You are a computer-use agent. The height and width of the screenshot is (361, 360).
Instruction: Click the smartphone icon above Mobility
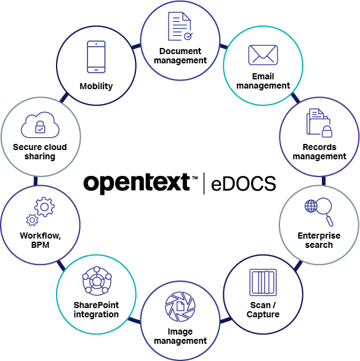click(x=96, y=57)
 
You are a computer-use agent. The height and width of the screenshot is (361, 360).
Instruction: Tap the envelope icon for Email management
click(x=263, y=55)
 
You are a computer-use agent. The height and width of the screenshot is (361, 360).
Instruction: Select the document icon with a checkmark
click(x=180, y=26)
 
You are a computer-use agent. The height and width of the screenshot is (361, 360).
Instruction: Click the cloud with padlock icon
click(x=40, y=125)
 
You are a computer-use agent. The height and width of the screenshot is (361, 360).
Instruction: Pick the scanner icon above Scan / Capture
click(x=263, y=282)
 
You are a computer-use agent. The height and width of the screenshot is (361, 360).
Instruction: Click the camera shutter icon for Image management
click(x=180, y=306)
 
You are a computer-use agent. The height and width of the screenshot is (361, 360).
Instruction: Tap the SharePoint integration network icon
click(x=97, y=281)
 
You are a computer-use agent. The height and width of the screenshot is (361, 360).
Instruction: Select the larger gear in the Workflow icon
click(x=44, y=207)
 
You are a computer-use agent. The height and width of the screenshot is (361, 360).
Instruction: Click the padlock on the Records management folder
click(x=327, y=132)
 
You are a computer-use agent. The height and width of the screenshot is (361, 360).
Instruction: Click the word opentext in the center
click(x=137, y=183)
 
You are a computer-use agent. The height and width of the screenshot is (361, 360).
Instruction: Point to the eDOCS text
click(x=244, y=183)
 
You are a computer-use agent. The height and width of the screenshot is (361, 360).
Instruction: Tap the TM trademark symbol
click(x=195, y=178)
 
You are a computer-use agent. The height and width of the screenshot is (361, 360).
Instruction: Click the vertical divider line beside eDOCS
click(x=204, y=183)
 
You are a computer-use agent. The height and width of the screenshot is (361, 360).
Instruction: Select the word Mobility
click(x=96, y=86)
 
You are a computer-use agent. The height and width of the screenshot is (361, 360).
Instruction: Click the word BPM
click(x=40, y=245)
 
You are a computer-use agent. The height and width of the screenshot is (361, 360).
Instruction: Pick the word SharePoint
click(x=96, y=305)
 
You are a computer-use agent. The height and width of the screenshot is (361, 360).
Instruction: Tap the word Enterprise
click(x=319, y=236)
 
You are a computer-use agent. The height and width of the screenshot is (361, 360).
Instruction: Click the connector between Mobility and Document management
click(x=136, y=46)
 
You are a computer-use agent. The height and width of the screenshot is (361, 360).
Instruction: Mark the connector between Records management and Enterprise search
click(x=324, y=181)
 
